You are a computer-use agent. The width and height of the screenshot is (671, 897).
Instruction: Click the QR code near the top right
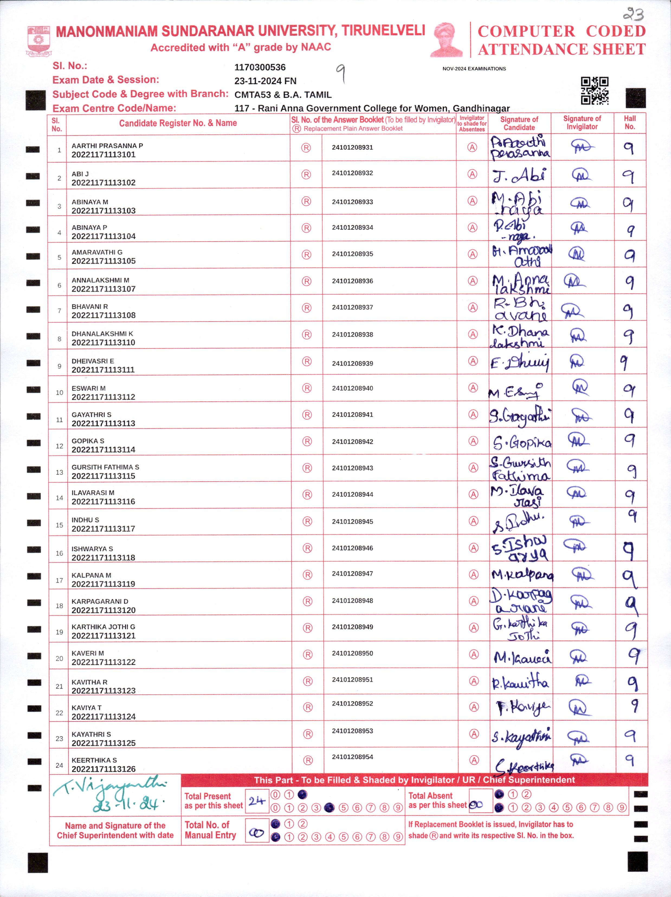pyautogui.click(x=594, y=91)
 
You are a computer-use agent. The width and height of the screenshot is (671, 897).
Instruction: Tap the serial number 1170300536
pyautogui.click(x=260, y=67)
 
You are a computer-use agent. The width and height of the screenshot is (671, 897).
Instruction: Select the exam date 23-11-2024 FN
pyautogui.click(x=265, y=81)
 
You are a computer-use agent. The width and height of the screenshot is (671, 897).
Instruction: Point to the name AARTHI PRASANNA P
pyautogui.click(x=107, y=146)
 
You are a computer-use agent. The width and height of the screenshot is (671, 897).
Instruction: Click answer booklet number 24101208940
pyautogui.click(x=352, y=388)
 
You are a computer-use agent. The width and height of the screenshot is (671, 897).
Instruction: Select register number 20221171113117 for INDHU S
pyautogui.click(x=103, y=529)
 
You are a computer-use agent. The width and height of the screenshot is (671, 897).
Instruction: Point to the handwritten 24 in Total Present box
pyautogui.click(x=256, y=800)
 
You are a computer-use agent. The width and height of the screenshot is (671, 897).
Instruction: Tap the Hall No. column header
pyautogui.click(x=630, y=123)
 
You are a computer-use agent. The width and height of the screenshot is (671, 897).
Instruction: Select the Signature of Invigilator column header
pyautogui.click(x=582, y=123)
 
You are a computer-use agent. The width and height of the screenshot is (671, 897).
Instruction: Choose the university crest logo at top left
pyautogui.click(x=38, y=41)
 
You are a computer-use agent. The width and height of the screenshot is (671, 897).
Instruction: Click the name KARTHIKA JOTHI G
pyautogui.click(x=103, y=627)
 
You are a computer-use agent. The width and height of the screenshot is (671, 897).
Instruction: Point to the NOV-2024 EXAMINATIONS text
pyautogui.click(x=474, y=69)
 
